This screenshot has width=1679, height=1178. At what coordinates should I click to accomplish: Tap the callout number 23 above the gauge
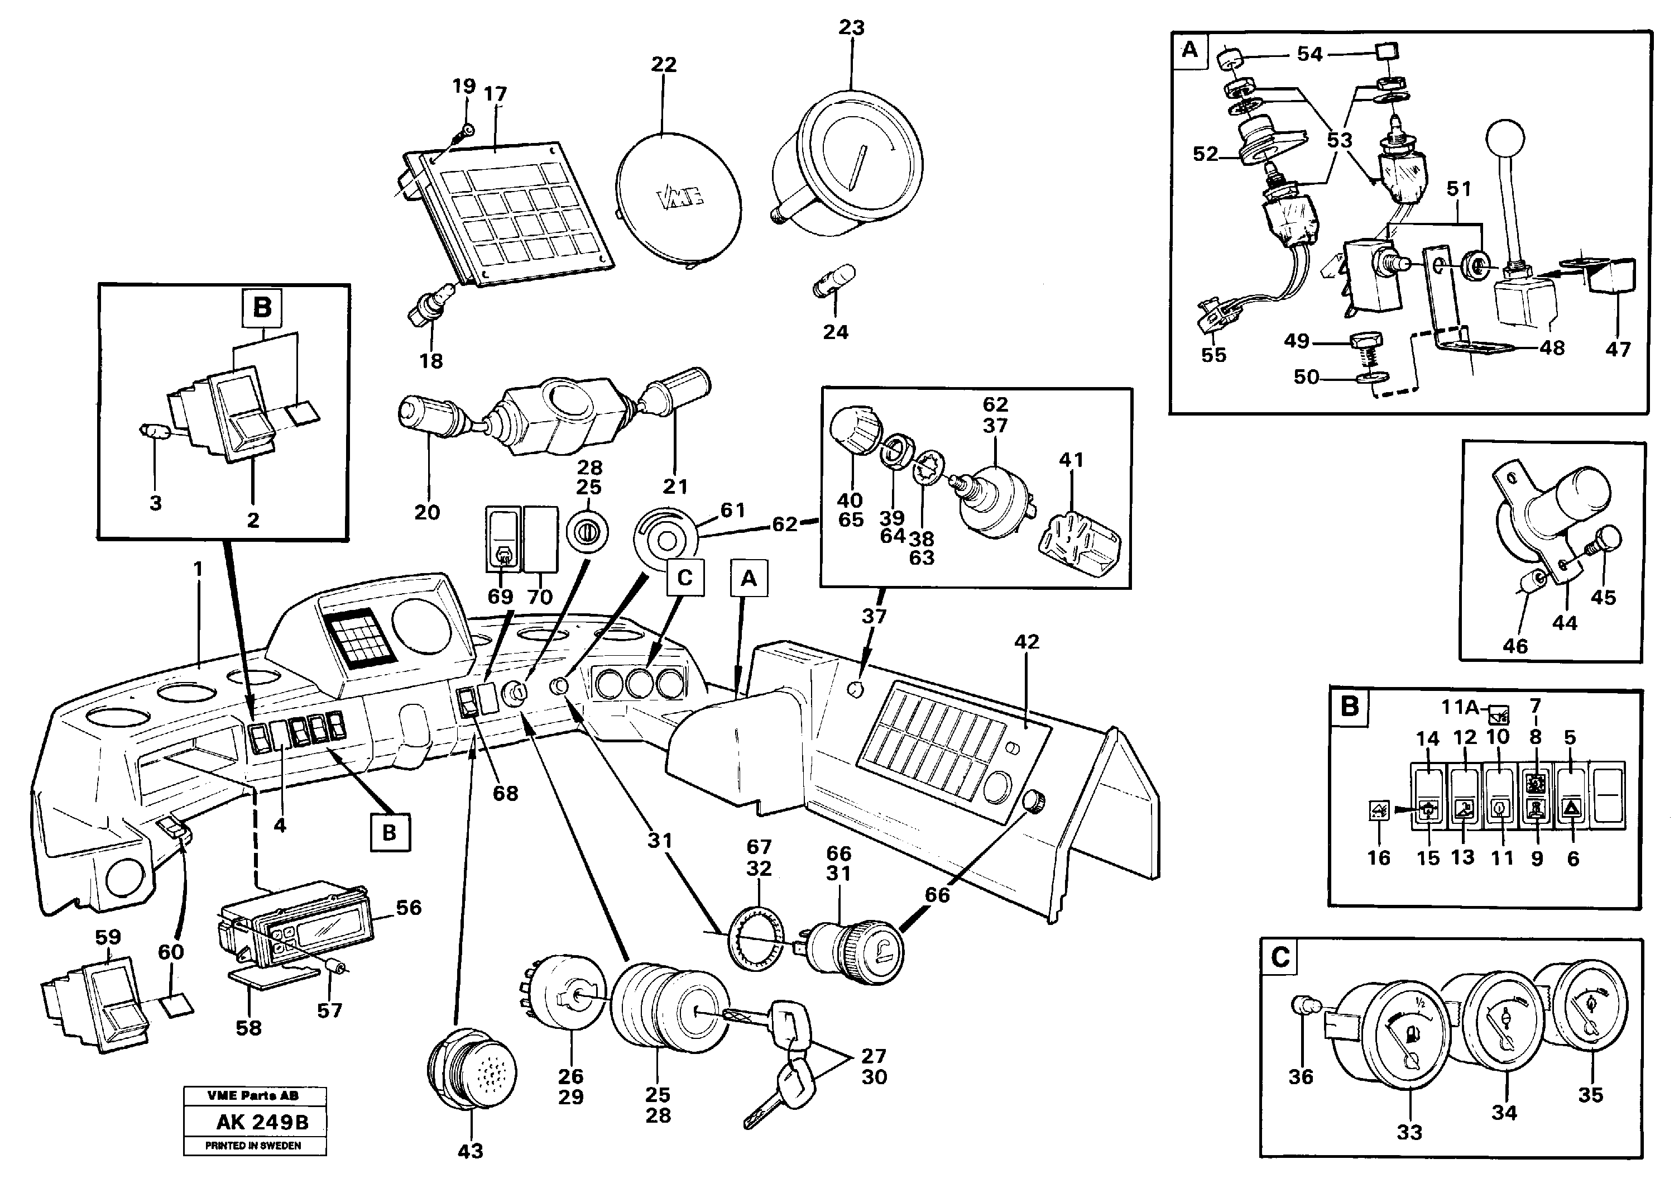[x=851, y=28]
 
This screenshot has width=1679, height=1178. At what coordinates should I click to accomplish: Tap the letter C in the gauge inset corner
[x=1280, y=958]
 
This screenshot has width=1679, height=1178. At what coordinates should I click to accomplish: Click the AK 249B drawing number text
[x=262, y=1122]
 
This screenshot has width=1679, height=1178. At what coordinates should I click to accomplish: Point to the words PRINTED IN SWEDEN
[x=253, y=1146]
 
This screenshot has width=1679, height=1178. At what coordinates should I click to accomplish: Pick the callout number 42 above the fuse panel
[x=1026, y=642]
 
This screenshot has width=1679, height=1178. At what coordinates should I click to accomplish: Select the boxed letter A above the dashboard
[x=748, y=579]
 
